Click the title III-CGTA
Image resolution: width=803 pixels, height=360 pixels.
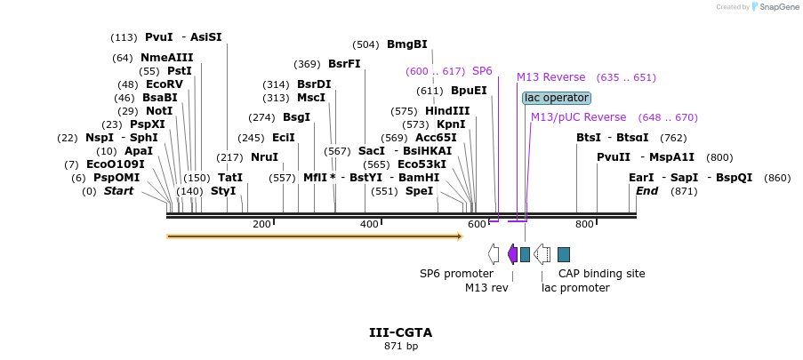[400, 332]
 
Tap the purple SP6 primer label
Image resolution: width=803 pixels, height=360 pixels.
[482, 71]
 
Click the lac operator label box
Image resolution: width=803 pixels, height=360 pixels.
[556, 98]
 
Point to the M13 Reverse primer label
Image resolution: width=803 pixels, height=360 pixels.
[550, 77]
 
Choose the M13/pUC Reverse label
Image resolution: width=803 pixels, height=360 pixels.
[578, 117]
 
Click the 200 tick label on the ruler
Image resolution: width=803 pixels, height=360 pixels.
[261, 224]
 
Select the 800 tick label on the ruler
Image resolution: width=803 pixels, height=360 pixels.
[584, 224]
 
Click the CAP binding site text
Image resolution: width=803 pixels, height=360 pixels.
[601, 274]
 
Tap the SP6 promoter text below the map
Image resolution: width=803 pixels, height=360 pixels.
[456, 274]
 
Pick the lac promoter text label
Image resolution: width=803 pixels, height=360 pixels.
[575, 288]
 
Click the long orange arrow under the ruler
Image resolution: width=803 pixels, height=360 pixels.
[314, 236]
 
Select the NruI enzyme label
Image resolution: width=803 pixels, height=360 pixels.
[264, 157]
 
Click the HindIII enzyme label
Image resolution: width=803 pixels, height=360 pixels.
[446, 111]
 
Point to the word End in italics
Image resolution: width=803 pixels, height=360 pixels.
[646, 191]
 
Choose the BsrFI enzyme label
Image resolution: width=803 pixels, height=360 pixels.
[344, 64]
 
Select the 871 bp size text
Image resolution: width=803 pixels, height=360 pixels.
[400, 346]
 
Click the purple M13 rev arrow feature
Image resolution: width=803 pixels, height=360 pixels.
[512, 254]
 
